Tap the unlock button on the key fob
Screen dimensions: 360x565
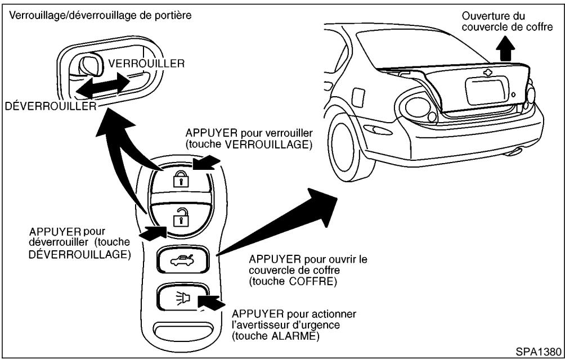pyautogui.click(x=179, y=217)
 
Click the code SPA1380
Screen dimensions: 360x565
pyautogui.click(x=539, y=351)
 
